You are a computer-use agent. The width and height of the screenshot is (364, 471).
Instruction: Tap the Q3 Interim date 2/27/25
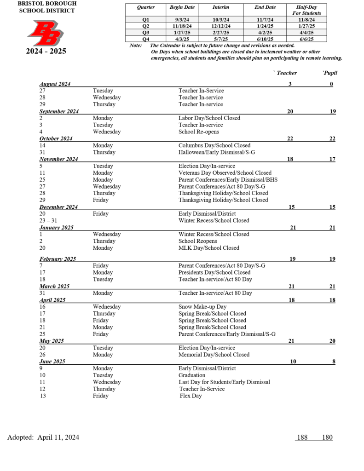coord(221,33)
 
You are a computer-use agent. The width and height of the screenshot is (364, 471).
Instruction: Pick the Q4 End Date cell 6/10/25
coord(265,39)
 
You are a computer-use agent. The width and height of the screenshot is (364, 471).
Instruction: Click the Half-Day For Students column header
coord(306,10)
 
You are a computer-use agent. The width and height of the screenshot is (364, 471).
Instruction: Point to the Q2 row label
coord(146,26)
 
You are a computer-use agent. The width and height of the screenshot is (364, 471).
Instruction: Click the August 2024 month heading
coord(55,84)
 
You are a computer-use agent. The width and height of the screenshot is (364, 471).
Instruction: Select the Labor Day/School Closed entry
coord(209,118)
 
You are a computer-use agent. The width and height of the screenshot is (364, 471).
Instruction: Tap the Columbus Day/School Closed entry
coord(214,145)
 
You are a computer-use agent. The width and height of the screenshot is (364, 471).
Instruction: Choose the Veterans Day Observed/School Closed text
coord(225,173)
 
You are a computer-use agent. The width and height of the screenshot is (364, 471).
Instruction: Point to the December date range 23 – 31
coord(48,220)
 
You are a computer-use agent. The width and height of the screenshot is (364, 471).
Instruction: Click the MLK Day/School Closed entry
coord(208,248)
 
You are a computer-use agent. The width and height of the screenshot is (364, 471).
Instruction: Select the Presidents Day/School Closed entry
coord(214,272)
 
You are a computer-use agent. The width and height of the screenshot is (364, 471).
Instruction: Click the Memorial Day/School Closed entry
coord(214,355)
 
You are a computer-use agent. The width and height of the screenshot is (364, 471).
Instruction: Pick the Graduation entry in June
coord(192,375)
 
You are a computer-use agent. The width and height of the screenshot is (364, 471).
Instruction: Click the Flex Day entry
coord(191,396)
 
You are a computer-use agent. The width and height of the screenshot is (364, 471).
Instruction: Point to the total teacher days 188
coord(302,437)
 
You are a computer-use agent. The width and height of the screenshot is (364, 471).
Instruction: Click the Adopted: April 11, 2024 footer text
coord(43,437)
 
